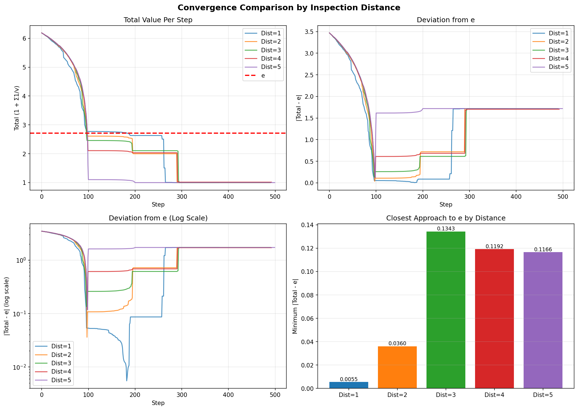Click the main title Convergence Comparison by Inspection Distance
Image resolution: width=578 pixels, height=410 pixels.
[x=289, y=8]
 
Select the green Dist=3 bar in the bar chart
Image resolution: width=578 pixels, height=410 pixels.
[x=446, y=310]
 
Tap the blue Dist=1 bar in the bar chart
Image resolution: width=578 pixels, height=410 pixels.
[x=349, y=385]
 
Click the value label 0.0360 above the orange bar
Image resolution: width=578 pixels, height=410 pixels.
[x=397, y=344]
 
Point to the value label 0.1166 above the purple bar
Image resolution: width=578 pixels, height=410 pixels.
[x=543, y=250]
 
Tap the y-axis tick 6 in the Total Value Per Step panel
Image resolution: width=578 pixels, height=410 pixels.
[x=24, y=38]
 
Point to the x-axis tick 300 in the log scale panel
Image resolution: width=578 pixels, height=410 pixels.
[x=182, y=395]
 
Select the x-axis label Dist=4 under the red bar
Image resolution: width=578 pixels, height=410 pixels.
[x=494, y=395]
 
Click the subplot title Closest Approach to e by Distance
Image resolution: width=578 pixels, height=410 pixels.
[x=446, y=218]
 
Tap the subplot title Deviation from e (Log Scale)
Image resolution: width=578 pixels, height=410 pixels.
[x=158, y=218]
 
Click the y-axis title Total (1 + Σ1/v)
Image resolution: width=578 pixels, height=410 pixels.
[x=17, y=108]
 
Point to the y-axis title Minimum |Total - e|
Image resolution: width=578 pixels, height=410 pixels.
[x=295, y=306]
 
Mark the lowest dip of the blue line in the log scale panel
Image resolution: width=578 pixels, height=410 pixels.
[x=127, y=381]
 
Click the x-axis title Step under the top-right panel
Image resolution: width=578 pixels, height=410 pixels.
[x=446, y=205]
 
